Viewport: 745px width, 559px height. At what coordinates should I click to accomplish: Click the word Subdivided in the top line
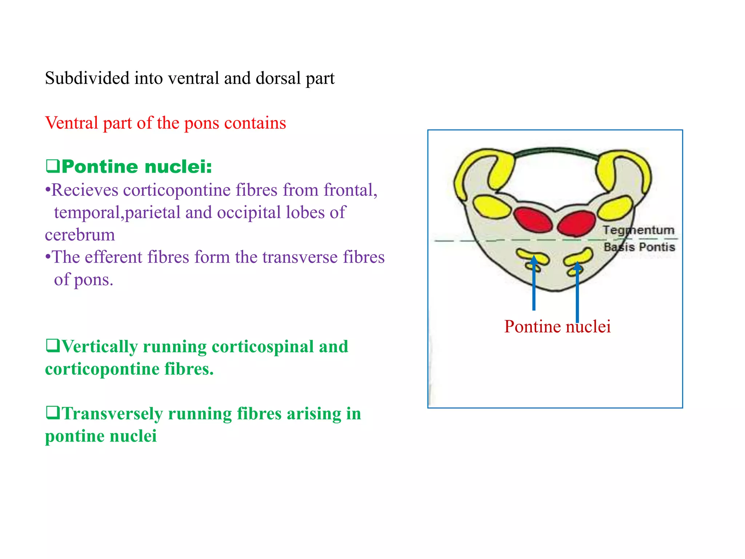point(87,78)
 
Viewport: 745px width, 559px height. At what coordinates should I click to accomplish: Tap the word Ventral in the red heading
point(71,123)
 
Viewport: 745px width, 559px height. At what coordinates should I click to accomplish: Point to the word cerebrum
point(80,235)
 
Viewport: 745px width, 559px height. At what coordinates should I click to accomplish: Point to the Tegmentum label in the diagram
point(638,230)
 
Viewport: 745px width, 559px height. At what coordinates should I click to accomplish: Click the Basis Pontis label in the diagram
point(639,247)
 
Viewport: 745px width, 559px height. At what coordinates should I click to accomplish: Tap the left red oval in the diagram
point(533,219)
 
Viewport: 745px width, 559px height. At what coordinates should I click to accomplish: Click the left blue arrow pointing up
point(534,284)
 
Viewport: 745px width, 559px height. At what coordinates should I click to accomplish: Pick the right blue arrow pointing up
point(577,291)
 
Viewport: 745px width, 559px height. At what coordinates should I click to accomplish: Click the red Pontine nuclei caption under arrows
point(557,326)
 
